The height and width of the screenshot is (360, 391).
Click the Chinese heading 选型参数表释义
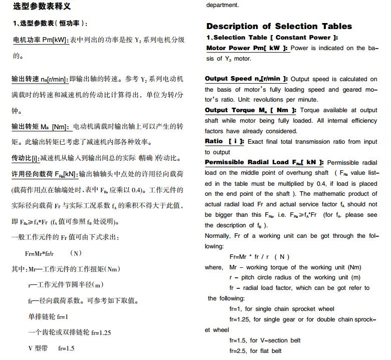point(42,7)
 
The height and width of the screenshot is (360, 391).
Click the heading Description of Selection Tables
point(279,26)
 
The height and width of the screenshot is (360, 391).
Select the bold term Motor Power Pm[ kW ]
point(247,48)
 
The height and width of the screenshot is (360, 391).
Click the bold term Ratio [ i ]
point(225,141)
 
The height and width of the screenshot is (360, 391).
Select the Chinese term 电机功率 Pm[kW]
point(40,40)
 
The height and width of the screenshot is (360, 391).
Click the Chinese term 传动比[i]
point(25,158)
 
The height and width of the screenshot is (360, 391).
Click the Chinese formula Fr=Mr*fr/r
point(40,253)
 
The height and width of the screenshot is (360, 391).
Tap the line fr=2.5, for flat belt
point(255,350)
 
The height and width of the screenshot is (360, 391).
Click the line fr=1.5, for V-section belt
point(265,340)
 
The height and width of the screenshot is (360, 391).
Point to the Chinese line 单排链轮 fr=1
point(48,316)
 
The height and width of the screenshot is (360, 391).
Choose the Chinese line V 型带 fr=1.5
point(51,348)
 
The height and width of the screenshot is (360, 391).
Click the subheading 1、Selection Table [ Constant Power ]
point(272,38)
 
